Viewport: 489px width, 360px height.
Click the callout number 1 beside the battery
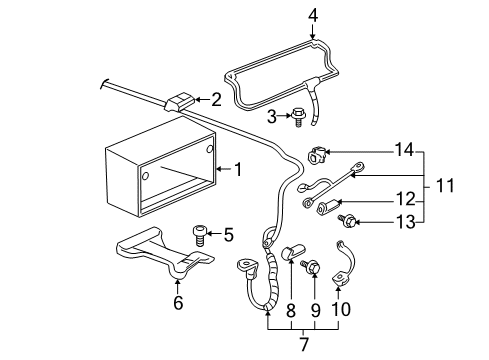tap(238, 169)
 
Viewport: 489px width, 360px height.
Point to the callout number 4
tap(313, 15)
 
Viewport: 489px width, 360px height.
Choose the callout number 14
tap(400, 149)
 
